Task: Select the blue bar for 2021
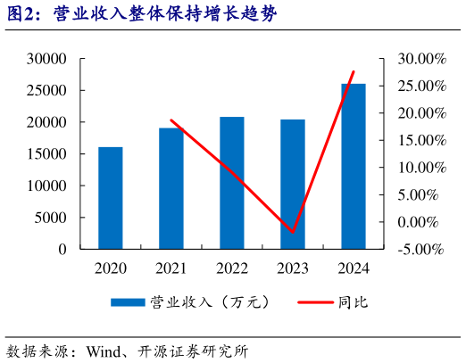pos(171,188)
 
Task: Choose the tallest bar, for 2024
pos(354,166)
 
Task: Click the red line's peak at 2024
pos(354,71)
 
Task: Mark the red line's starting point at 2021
pos(171,120)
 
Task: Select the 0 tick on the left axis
pos(62,250)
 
